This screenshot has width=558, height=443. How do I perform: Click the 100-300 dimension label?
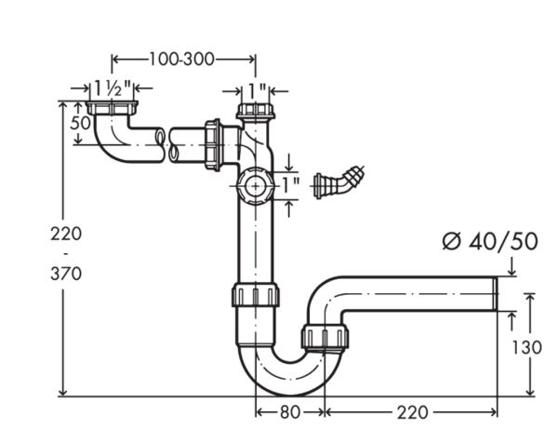point(181,60)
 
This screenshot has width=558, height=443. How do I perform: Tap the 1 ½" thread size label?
point(113,88)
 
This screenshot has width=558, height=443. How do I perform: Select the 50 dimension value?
point(80,123)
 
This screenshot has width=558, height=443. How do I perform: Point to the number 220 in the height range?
point(66,234)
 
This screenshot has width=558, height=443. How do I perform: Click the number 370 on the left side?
point(66,274)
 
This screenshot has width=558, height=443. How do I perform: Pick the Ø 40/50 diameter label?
point(490,242)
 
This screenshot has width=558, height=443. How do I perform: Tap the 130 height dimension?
point(526,347)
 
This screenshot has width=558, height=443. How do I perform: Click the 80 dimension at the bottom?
point(290,412)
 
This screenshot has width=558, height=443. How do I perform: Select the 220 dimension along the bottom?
point(412,412)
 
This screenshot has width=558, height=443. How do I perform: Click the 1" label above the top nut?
point(257,91)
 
